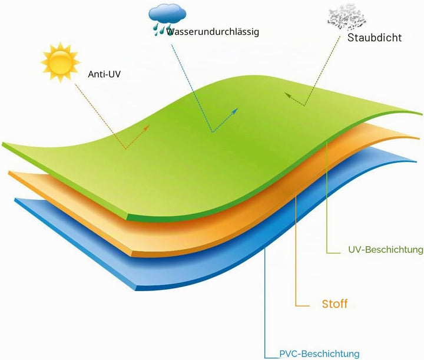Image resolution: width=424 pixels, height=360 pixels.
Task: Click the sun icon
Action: point(60,62)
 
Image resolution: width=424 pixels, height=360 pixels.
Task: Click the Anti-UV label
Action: point(104,74)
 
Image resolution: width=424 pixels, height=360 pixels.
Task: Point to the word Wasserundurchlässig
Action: point(213,32)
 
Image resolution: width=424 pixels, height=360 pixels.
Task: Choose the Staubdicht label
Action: point(375,38)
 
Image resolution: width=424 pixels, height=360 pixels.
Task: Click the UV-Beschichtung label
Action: point(386,249)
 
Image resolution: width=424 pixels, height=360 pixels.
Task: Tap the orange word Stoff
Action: point(334,304)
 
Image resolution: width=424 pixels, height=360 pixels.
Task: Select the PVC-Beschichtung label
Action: point(319,354)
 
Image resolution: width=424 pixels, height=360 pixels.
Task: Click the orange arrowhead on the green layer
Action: point(147,127)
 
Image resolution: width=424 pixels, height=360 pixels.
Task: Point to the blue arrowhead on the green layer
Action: point(235,110)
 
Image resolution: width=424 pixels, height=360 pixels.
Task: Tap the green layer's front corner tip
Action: point(127,217)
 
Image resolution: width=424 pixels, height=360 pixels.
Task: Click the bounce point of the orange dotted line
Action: point(125,149)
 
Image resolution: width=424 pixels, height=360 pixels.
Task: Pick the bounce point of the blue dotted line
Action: point(213,132)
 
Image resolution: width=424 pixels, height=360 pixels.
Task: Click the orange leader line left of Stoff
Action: point(296,252)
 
